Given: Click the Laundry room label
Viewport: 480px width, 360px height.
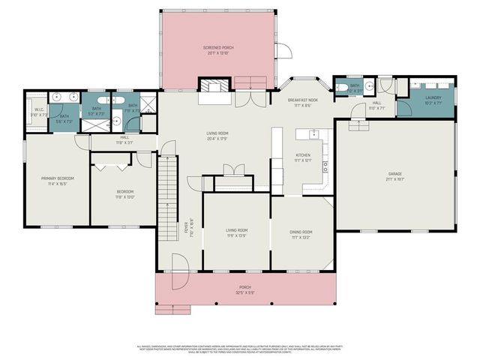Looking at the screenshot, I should (x=433, y=97).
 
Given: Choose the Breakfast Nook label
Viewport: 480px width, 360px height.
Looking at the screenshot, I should (x=303, y=101).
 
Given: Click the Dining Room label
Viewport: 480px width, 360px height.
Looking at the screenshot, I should (x=301, y=232).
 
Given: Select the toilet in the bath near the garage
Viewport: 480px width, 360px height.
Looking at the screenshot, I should (x=342, y=88).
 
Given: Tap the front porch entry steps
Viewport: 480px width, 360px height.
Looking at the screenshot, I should (x=171, y=309).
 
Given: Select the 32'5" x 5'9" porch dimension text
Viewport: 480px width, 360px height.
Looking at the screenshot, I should (x=244, y=292).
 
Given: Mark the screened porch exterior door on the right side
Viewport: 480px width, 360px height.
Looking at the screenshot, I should (x=283, y=51).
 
